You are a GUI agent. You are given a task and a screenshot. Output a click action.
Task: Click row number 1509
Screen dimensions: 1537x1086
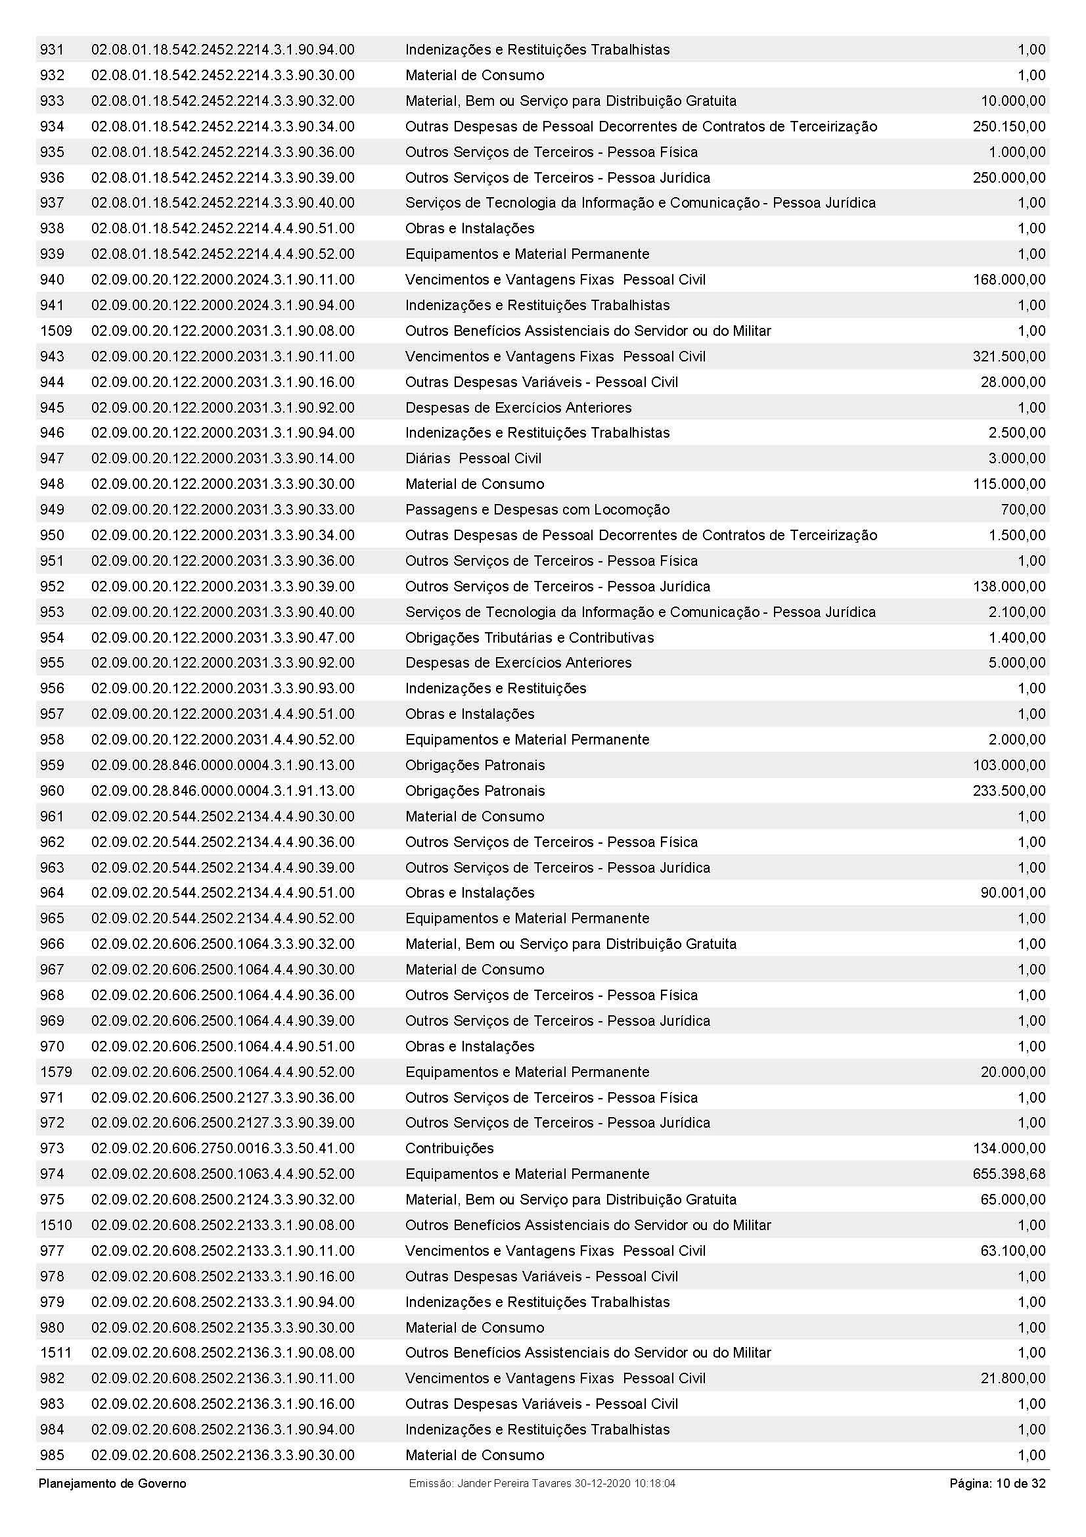57,331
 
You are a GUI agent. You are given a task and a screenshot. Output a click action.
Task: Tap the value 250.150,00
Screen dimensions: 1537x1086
1008,127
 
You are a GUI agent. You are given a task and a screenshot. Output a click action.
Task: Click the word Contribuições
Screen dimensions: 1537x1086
449,1148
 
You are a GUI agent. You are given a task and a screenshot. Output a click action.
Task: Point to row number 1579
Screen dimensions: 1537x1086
57,1072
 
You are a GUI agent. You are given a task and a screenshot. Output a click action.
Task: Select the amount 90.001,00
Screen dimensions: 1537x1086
1012,892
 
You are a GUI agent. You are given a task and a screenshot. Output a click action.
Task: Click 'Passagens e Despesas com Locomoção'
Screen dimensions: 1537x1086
537,509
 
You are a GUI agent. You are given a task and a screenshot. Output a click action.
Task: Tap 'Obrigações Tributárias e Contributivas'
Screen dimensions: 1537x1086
530,637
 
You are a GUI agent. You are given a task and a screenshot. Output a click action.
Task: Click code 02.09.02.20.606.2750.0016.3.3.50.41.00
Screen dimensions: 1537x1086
223,1148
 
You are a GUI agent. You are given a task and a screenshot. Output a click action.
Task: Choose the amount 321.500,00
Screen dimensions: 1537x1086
1008,356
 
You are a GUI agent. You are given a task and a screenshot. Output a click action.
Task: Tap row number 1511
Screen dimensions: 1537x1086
56,1352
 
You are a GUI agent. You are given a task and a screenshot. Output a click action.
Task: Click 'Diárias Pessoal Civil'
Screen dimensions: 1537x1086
473,459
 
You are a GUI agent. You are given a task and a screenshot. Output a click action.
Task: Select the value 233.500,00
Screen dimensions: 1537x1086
1008,791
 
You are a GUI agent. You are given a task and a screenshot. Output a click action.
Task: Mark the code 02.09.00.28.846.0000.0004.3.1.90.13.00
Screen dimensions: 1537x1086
223,765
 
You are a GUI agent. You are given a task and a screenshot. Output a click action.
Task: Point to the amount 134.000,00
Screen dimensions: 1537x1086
1008,1148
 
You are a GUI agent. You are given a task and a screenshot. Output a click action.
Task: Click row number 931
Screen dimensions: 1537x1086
52,49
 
